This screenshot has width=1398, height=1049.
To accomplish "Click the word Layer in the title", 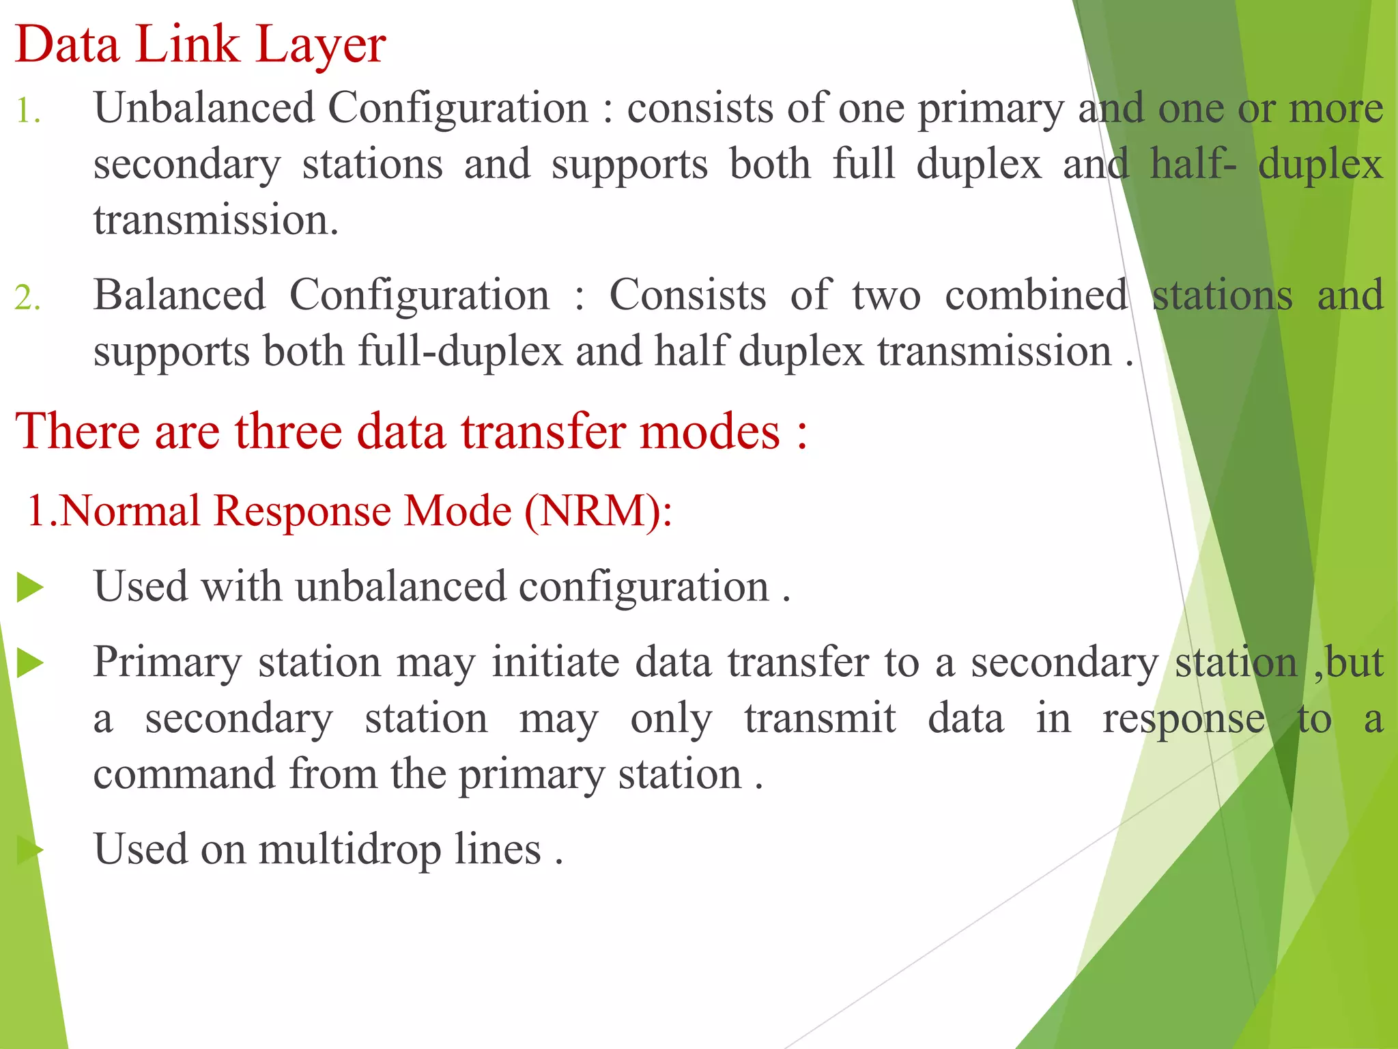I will (321, 45).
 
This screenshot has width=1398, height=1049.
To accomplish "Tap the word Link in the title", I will (187, 45).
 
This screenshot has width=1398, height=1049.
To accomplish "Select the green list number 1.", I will (27, 111).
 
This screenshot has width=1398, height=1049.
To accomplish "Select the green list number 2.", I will (27, 298).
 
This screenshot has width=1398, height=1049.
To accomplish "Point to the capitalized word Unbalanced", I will (204, 108).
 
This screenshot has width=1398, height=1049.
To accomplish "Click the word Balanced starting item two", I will (179, 295).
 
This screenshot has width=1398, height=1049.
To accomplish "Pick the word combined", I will (1036, 295).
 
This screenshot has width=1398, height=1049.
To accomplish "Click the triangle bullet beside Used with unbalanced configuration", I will (30, 588).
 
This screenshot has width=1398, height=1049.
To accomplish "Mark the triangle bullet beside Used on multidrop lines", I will (30, 850).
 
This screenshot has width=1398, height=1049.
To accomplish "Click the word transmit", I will (819, 718).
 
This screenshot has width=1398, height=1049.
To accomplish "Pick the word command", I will (184, 774).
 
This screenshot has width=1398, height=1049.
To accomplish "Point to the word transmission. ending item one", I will (216, 221).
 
